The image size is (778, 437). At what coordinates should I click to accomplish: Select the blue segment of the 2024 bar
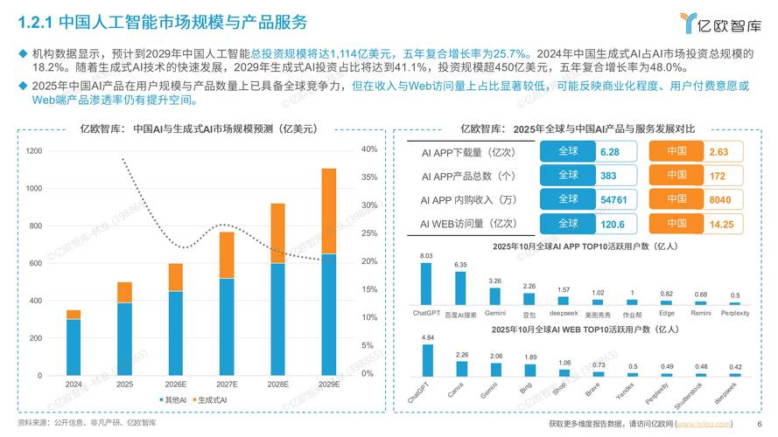(74, 346)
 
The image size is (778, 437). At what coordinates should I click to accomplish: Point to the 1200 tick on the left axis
(34, 152)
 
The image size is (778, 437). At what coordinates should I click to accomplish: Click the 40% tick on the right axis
(368, 149)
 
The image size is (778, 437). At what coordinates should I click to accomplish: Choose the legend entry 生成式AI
(209, 399)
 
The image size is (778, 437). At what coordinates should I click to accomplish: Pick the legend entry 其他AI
(172, 399)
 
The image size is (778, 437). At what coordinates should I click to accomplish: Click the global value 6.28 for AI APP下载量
(610, 152)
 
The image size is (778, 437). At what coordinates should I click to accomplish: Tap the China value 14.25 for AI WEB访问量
(721, 223)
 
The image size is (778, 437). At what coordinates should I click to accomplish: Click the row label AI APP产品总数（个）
(468, 176)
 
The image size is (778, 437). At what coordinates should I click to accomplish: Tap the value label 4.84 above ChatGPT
(427, 336)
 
